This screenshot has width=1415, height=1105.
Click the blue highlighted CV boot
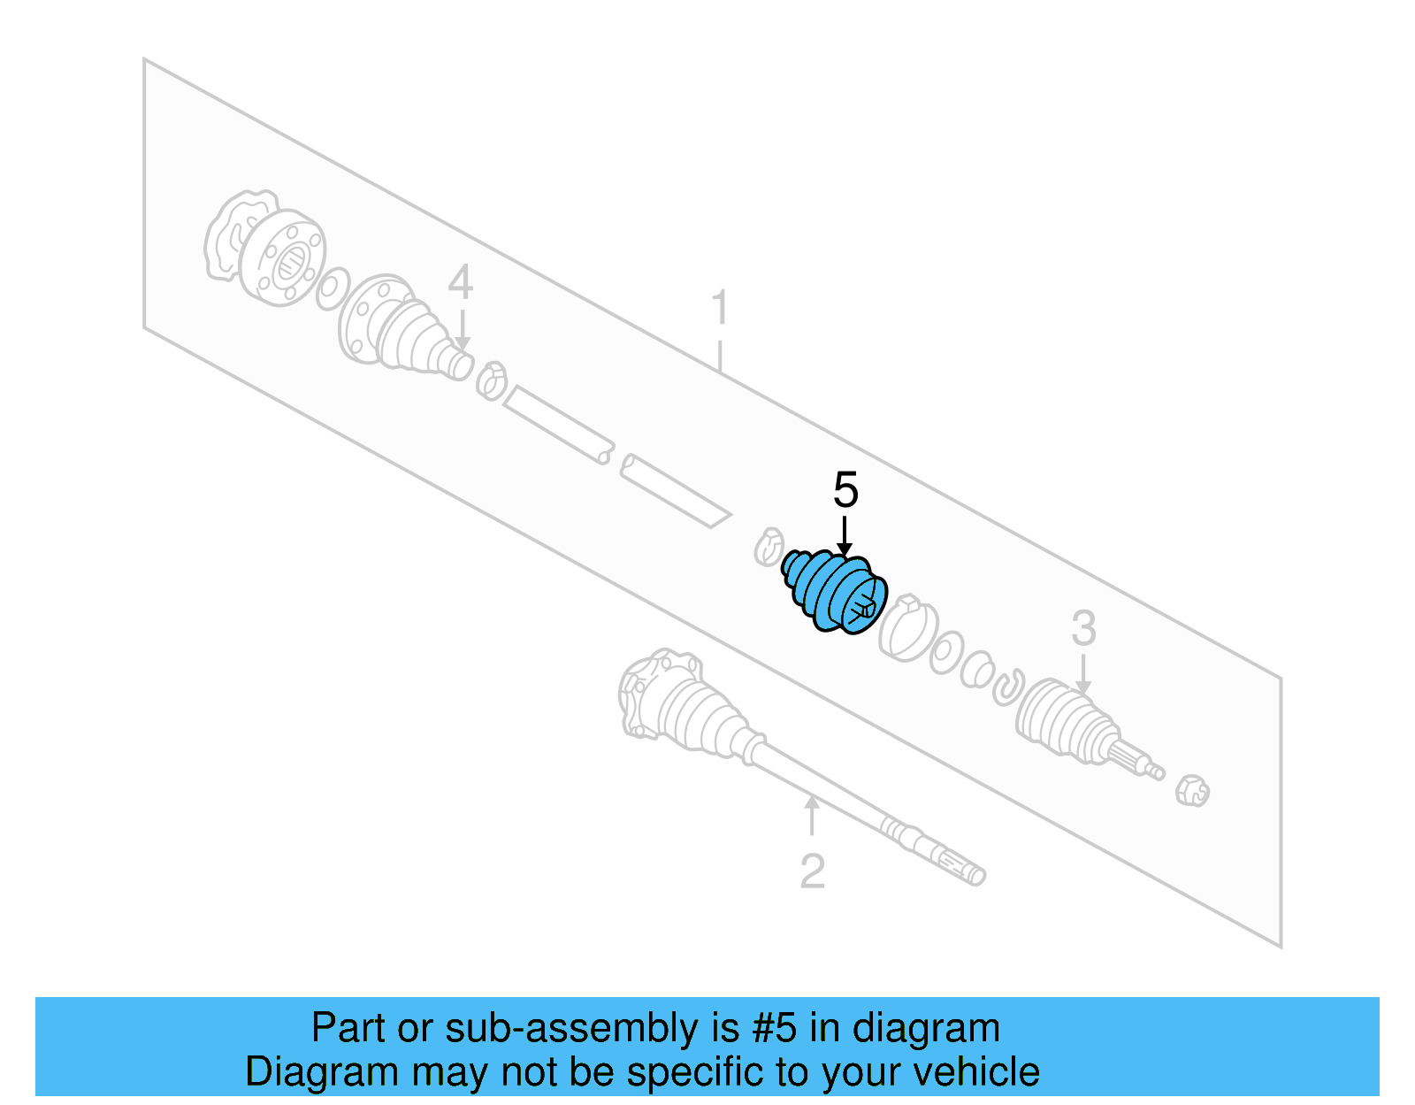pyautogui.click(x=832, y=592)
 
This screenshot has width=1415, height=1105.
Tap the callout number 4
pyautogui.click(x=460, y=283)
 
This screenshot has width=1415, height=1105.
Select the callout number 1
pyautogui.click(x=720, y=307)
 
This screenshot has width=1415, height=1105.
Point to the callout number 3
pyautogui.click(x=1083, y=629)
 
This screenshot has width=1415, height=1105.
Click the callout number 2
pyautogui.click(x=812, y=871)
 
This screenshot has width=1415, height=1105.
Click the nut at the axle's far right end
pyautogui.click(x=1191, y=789)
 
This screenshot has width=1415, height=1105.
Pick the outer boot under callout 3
pyautogui.click(x=1066, y=721)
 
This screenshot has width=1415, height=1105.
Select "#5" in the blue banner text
pyautogui.click(x=775, y=1029)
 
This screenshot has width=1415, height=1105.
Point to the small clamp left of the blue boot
pyautogui.click(x=769, y=548)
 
